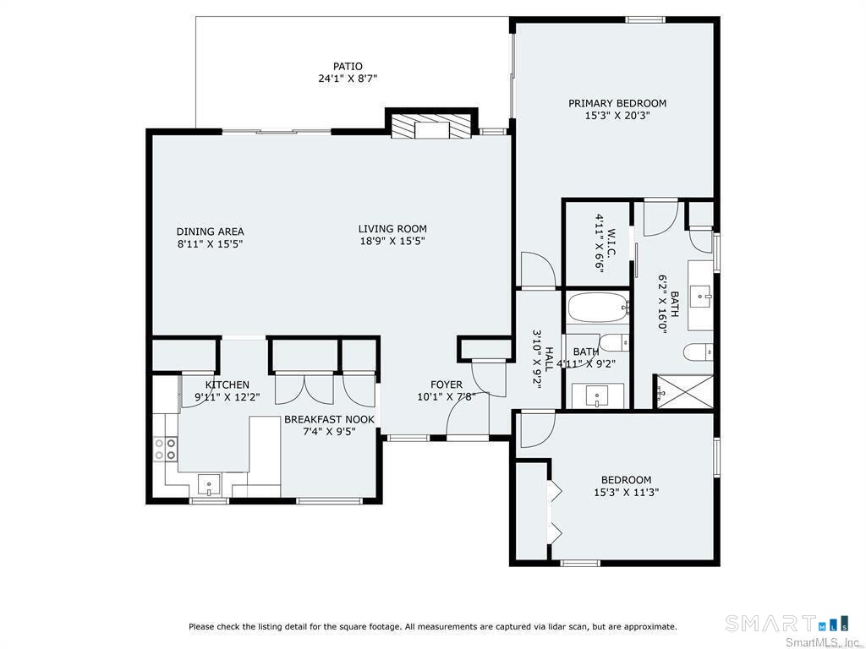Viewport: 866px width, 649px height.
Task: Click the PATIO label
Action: (x=348, y=66)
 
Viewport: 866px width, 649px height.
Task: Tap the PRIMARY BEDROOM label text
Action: (x=617, y=103)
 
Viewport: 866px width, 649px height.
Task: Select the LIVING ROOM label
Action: (x=392, y=228)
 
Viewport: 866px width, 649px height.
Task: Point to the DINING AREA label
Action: (x=210, y=232)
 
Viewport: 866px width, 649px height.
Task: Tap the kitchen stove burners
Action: (x=165, y=449)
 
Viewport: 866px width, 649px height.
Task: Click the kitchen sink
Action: (x=209, y=486)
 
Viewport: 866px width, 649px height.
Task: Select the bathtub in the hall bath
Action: (x=598, y=308)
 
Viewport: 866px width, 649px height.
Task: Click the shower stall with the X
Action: (x=683, y=392)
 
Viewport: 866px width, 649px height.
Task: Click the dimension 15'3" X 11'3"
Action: (x=626, y=492)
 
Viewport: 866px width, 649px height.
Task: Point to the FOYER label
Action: (x=447, y=384)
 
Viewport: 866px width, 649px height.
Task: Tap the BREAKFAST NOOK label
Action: (x=329, y=419)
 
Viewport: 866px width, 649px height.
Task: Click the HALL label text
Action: (x=549, y=359)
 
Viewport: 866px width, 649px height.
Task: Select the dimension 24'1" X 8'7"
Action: (x=348, y=79)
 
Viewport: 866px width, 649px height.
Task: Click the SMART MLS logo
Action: (x=787, y=624)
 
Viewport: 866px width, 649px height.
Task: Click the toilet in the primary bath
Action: (x=699, y=352)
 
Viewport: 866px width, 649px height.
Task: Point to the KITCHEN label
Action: (x=227, y=384)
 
